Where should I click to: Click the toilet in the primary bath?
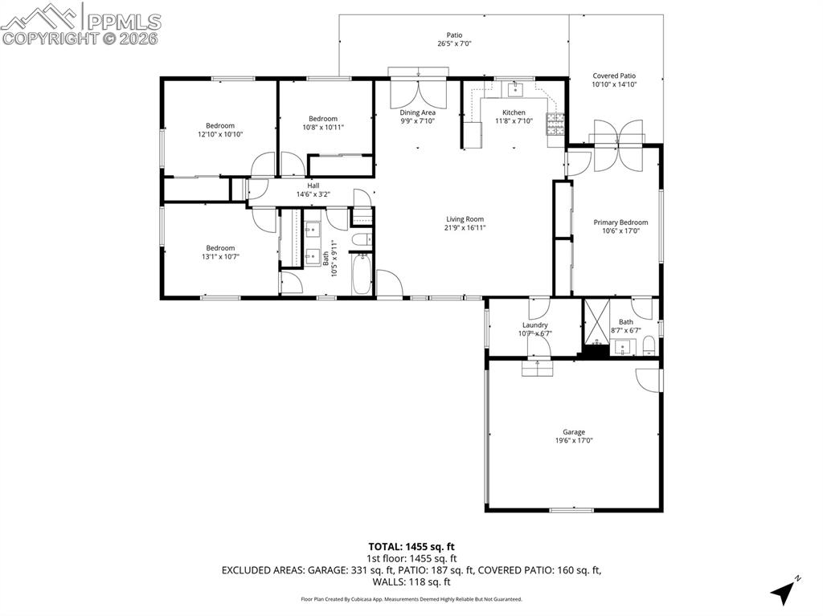tap(649, 346)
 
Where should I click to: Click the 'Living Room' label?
tap(465, 219)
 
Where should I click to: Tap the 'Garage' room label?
tap(574, 432)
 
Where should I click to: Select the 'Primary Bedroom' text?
tap(620, 222)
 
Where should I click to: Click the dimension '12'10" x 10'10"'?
tap(220, 135)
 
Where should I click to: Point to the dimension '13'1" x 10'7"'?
tap(220, 257)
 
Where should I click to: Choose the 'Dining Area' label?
tap(418, 112)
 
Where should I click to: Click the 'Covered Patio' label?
tap(614, 75)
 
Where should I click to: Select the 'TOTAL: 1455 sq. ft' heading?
tap(411, 547)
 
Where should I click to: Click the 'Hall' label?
tap(313, 186)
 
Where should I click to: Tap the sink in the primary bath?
tap(623, 348)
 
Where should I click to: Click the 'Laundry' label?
tap(534, 324)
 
